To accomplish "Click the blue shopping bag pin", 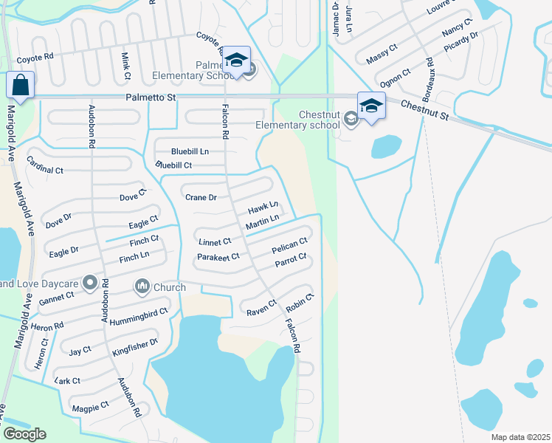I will coord(20,85).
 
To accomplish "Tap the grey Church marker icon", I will coord(142,285).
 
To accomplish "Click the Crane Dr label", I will coord(201,197).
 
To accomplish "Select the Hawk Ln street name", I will coord(263,207).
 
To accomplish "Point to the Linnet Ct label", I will coord(215,242).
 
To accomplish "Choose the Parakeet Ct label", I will coord(218,257).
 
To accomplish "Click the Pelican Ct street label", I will coord(289,245).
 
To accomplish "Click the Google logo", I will coord(25,434).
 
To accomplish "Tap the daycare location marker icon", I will coord(90,282).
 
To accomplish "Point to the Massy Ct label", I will coord(382,54).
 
